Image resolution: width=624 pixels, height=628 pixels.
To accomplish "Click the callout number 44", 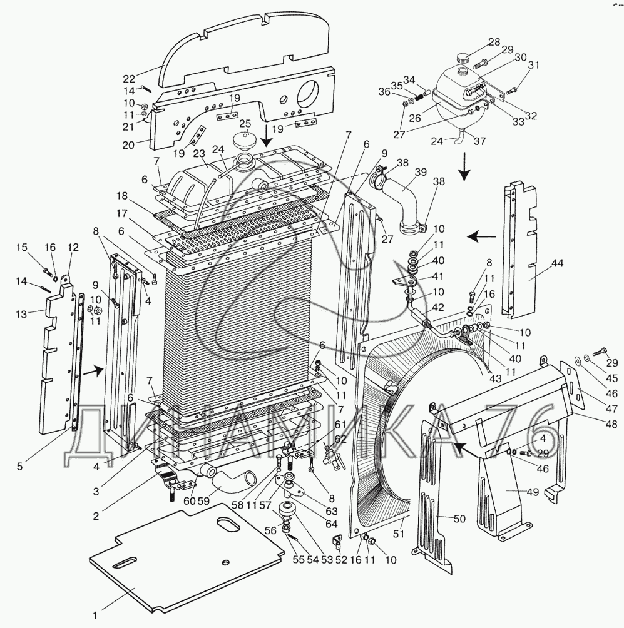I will [x=556, y=263].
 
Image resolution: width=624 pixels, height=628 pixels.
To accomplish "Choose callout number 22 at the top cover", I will [x=128, y=78].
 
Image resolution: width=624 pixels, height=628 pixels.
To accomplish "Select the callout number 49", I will [x=533, y=492].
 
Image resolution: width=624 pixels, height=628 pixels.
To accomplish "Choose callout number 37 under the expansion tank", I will [x=479, y=141].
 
